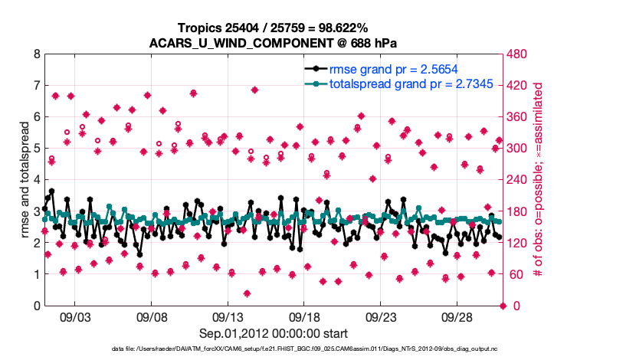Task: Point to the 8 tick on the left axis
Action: (36, 55)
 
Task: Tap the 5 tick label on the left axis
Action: (36, 149)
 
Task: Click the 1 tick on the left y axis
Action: (36, 274)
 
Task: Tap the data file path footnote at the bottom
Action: (274, 350)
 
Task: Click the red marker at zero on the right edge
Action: (503, 306)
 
